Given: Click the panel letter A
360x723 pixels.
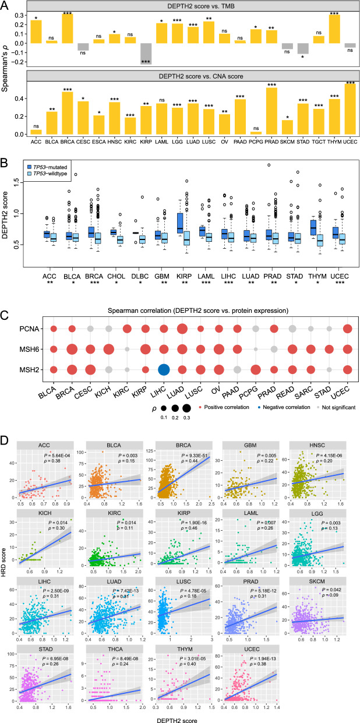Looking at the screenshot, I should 6,5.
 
